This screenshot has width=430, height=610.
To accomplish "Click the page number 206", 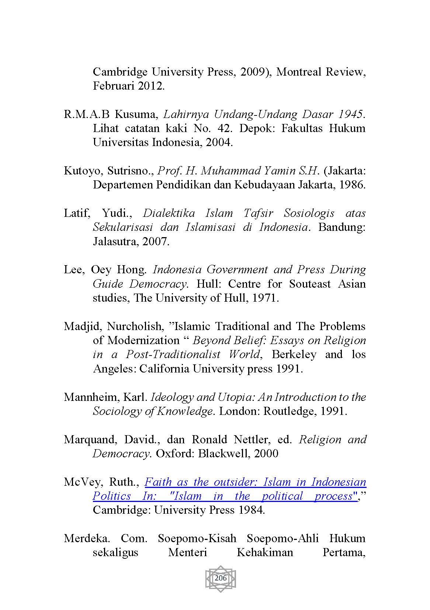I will (220, 578).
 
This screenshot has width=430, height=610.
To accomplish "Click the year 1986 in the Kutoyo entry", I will (352, 185).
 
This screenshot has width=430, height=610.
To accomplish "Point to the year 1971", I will (264, 298).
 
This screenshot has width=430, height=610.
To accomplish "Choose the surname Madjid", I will (83, 326).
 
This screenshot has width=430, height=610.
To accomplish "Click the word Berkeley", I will (294, 354).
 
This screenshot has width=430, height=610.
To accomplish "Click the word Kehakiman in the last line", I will (265, 552).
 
